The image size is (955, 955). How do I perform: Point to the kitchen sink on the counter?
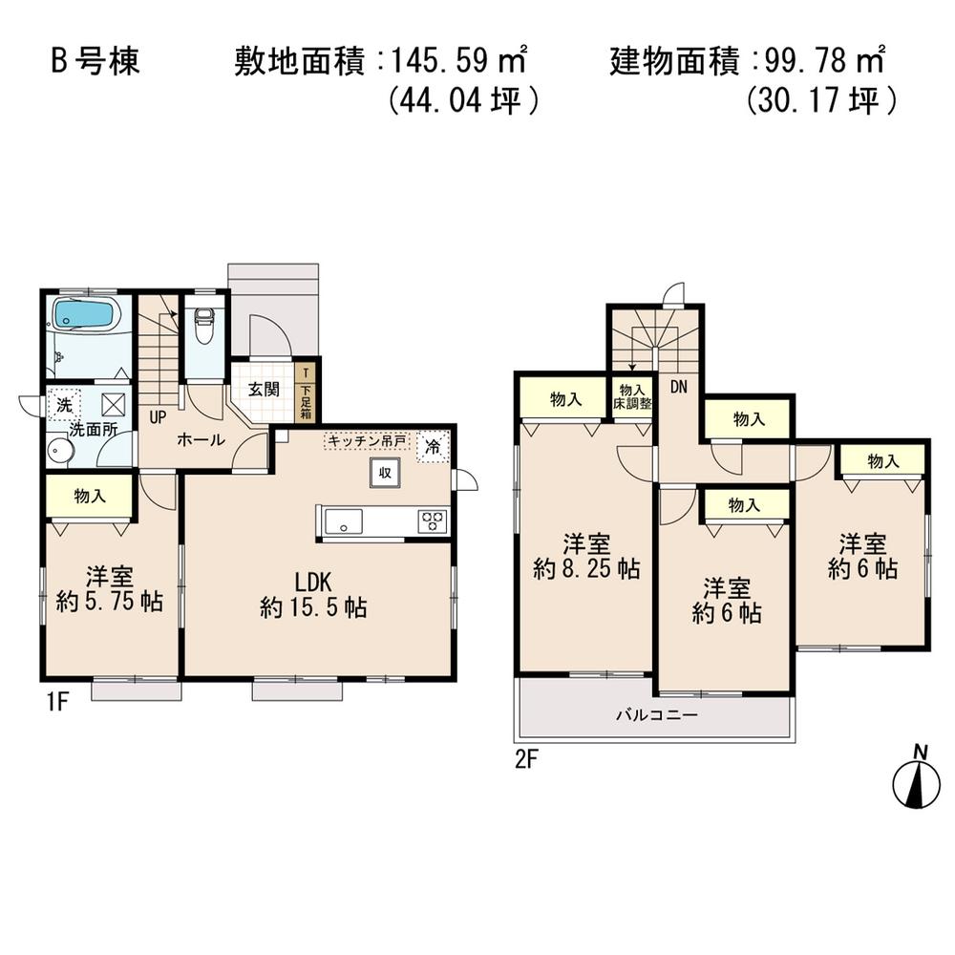click(x=343, y=521)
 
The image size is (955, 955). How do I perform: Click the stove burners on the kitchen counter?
click(x=431, y=521)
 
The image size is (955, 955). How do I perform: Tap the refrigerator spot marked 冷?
click(x=433, y=446)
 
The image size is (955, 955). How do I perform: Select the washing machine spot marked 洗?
click(x=63, y=404)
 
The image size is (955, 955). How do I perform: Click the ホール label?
click(x=201, y=439)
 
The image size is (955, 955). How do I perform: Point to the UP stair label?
click(x=156, y=415)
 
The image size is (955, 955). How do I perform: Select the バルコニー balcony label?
click(x=656, y=714)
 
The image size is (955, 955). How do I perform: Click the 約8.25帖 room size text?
click(x=585, y=569)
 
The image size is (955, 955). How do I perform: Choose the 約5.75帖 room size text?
click(x=109, y=602)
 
